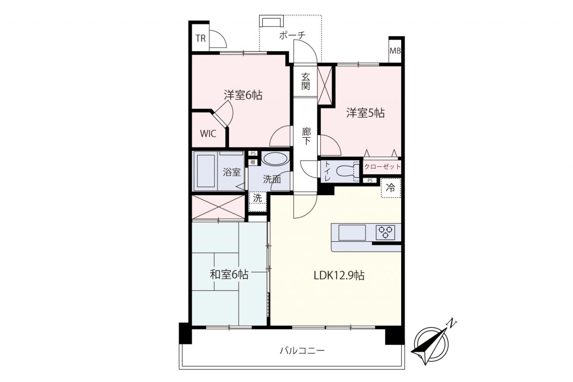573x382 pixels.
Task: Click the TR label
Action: coord(201,39)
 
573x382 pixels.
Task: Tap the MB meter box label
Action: coord(395,51)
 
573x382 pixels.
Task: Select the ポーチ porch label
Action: coord(292,35)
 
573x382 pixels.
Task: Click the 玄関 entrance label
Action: coord(305,81)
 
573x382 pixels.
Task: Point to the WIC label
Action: coord(208,133)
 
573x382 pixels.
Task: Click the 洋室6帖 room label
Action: coord(243,95)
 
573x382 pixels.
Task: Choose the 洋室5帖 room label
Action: coord(365,112)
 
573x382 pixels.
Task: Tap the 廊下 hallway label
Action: coord(306,136)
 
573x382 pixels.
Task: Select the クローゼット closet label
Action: coord(382,167)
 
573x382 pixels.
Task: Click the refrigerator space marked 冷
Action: coord(391,188)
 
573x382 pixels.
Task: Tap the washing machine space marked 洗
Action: coord(257,202)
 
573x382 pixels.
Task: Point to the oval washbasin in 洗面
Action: coord(275,159)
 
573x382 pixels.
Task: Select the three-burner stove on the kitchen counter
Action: coord(385,232)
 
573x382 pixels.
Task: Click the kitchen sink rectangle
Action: coord(352,232)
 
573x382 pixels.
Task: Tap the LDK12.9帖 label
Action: coord(339,275)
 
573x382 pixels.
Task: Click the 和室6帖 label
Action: coord(229,275)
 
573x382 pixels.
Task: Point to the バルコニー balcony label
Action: coord(302,350)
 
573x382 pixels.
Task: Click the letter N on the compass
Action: coord(452,323)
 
